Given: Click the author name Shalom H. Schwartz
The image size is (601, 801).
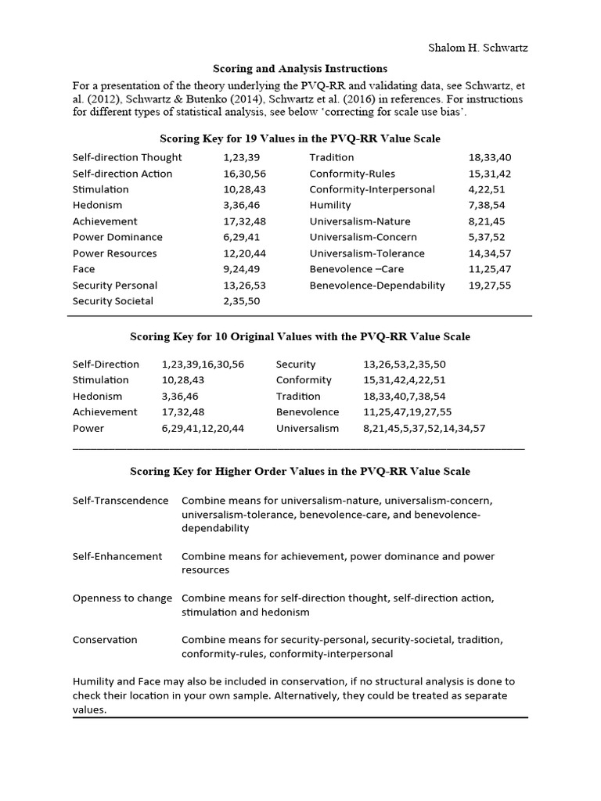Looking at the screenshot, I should (x=477, y=48).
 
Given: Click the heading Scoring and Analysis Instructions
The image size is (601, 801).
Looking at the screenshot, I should (x=300, y=69).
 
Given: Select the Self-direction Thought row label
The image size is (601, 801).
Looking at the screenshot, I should (x=127, y=157).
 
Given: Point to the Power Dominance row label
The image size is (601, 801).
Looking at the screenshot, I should (x=117, y=237).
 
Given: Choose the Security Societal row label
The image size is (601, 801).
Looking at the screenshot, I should (x=113, y=301).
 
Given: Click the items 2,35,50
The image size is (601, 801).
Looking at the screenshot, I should (x=242, y=301).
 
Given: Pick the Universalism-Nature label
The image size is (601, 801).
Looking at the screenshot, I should (x=359, y=221).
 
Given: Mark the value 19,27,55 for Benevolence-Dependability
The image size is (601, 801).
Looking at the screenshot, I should (x=489, y=286).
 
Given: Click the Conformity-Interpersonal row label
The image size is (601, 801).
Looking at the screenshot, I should (x=372, y=189).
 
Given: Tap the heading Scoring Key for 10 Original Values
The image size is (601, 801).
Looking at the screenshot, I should (x=300, y=336).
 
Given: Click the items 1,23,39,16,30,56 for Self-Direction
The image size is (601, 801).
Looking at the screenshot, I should (x=203, y=365).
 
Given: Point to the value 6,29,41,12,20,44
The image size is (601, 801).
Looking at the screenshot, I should (x=203, y=429).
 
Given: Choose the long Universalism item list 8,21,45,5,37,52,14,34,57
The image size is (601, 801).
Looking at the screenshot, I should (x=424, y=429).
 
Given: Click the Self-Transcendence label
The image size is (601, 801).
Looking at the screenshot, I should (x=120, y=501).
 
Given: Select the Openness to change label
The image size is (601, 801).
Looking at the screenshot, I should (x=122, y=598).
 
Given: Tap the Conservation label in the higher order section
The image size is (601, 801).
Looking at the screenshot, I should (x=105, y=640).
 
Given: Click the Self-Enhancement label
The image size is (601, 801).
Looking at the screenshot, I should (x=117, y=556).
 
